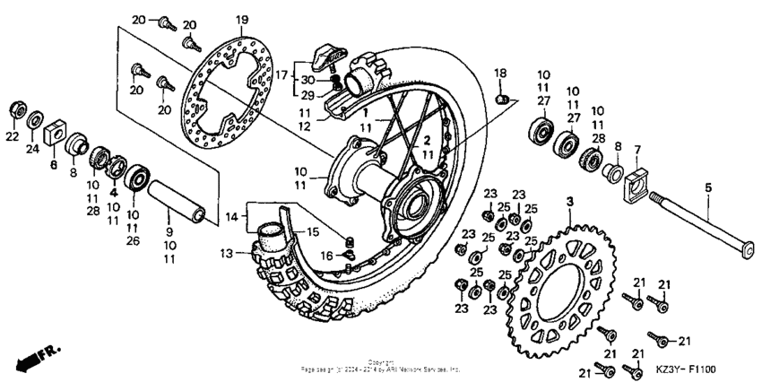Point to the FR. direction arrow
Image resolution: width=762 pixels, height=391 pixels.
30,356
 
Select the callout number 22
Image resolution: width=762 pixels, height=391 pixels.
12,135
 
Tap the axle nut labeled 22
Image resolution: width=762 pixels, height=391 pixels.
15,110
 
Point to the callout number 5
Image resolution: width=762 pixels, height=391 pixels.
708,188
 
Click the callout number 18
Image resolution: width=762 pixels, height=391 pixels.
500,73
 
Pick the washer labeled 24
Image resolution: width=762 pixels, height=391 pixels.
36,119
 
